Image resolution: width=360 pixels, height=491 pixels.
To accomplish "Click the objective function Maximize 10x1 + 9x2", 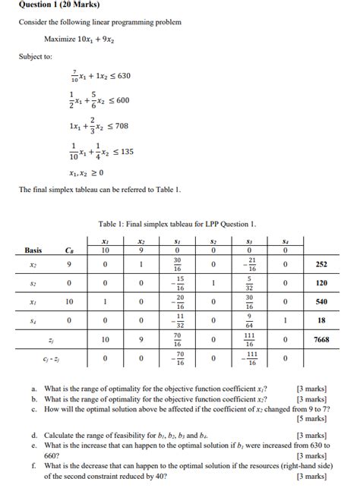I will pyautogui.click(x=79, y=39).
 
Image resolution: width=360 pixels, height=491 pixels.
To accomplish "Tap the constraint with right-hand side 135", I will pyautogui.click(x=100, y=152).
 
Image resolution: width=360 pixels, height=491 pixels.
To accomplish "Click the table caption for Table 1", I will pyautogui.click(x=177, y=224).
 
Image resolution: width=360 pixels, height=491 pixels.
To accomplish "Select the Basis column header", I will pyautogui.click(x=33, y=250).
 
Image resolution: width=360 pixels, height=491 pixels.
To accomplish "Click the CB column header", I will pyautogui.click(x=69, y=250).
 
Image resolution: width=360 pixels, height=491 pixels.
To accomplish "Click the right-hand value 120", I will pyautogui.click(x=321, y=292).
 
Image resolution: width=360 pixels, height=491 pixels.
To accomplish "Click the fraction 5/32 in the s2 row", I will pyautogui.click(x=249, y=292).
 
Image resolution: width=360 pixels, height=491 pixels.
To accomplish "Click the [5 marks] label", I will pyautogui.click(x=313, y=418).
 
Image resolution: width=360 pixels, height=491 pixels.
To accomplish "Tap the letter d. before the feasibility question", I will pyautogui.click(x=34, y=436).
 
